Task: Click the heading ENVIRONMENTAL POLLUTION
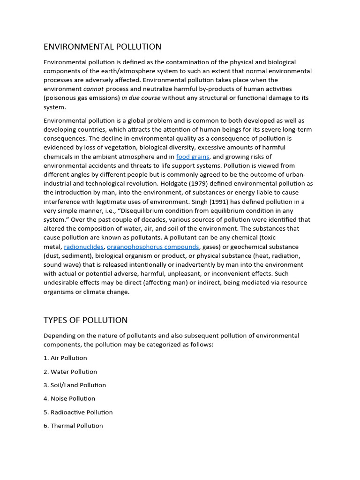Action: click(x=102, y=46)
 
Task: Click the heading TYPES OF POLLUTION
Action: click(x=85, y=320)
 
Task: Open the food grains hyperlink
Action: click(x=193, y=157)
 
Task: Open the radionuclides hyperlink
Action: click(x=83, y=247)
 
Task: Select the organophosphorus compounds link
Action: click(x=153, y=247)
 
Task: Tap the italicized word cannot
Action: click(x=93, y=89)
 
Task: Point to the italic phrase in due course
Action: click(x=141, y=98)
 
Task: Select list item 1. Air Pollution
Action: click(x=65, y=358)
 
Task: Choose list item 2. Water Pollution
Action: click(x=70, y=372)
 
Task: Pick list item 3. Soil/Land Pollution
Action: click(x=75, y=385)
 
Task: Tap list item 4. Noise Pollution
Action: click(x=69, y=398)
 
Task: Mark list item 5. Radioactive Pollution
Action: click(x=78, y=412)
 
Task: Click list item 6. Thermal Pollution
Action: click(x=73, y=426)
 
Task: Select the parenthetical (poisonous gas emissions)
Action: click(x=82, y=98)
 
